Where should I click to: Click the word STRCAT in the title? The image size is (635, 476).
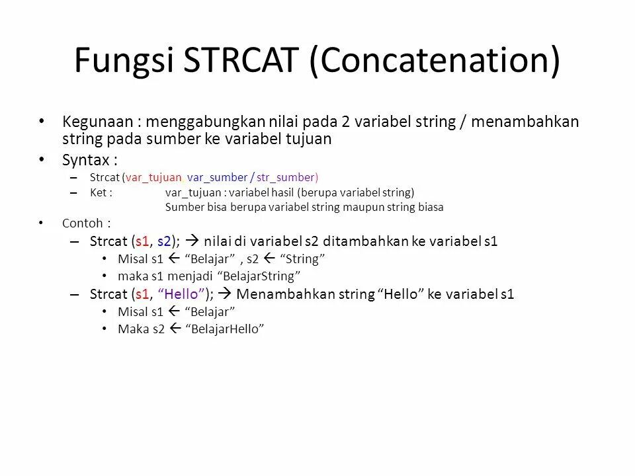pos(241,60)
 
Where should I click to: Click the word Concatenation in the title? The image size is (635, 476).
pos(435,60)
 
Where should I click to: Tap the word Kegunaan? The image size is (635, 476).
pos(97,122)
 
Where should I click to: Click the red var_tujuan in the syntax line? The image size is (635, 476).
pos(153,177)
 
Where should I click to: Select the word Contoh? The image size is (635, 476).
pos(83,223)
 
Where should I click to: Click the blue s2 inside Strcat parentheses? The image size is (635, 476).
pos(165,241)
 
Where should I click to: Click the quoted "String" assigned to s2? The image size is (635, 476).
pos(304,258)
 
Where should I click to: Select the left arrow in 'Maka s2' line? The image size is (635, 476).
pos(176,329)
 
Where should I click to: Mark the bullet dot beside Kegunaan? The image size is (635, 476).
pos(42,121)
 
